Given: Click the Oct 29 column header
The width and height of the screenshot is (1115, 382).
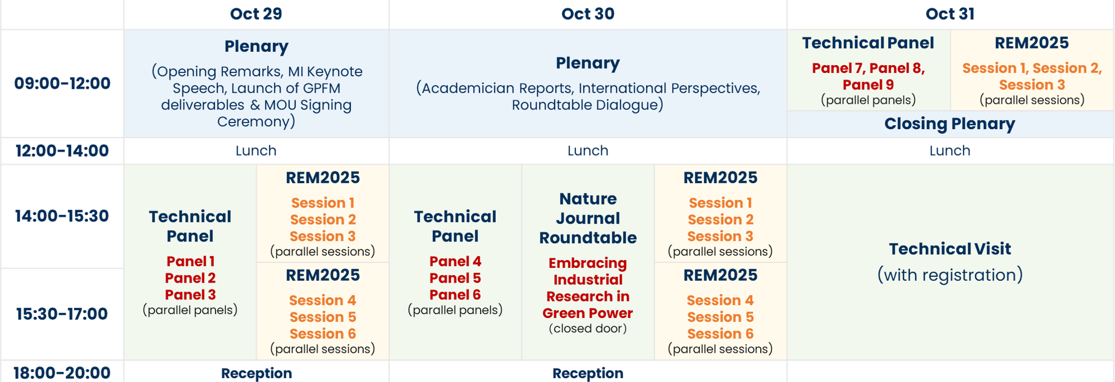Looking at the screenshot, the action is pyautogui.click(x=256, y=14).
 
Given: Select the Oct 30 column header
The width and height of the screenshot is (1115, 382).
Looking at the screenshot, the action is pyautogui.click(x=588, y=14).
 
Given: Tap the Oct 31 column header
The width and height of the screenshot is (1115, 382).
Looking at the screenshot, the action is pyautogui.click(x=950, y=14).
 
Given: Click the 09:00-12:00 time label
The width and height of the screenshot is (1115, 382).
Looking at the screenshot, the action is pyautogui.click(x=62, y=84).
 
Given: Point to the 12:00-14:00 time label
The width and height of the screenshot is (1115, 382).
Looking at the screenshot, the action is pyautogui.click(x=62, y=151).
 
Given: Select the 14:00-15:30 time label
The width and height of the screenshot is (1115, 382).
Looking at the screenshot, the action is pyautogui.click(x=62, y=216).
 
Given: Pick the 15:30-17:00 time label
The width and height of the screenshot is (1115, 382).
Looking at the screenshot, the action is pyautogui.click(x=62, y=314).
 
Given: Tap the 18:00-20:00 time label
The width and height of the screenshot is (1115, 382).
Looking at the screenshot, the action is pyautogui.click(x=62, y=373).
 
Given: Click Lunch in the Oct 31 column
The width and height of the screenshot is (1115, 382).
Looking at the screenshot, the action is pyautogui.click(x=950, y=151).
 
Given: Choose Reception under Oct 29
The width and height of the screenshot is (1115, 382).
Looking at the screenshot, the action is pyautogui.click(x=257, y=374).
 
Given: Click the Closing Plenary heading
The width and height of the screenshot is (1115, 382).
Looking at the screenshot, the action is pyautogui.click(x=950, y=124).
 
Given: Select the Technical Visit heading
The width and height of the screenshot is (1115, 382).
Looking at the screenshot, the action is pyautogui.click(x=950, y=249).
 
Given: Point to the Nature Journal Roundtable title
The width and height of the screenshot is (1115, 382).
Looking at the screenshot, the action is pyautogui.click(x=588, y=219).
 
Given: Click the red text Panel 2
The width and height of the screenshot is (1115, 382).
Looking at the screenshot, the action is pyautogui.click(x=190, y=278).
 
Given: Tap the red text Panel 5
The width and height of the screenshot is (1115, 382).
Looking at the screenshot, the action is pyautogui.click(x=455, y=278).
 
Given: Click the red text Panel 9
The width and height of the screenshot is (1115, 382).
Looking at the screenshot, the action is pyautogui.click(x=868, y=85).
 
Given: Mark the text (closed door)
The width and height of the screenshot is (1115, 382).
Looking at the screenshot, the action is pyautogui.click(x=588, y=329).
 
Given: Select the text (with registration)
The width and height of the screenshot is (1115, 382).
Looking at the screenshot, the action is pyautogui.click(x=950, y=275).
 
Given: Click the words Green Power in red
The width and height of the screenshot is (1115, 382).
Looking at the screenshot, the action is pyautogui.click(x=588, y=313).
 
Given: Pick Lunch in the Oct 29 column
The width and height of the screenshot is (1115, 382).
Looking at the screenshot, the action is pyautogui.click(x=256, y=151).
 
